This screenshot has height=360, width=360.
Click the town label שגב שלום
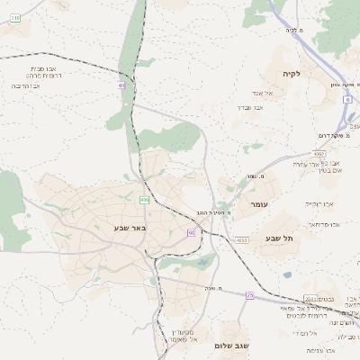[231, 346]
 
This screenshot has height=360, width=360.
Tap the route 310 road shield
[15, 17]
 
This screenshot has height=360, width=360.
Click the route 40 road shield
[121, 85]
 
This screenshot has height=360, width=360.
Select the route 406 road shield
[144, 199]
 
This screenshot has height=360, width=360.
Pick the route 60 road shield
[192, 232]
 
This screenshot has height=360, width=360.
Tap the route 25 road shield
[250, 295]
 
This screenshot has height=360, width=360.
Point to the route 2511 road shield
[310, 299]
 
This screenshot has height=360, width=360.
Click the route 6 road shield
[347, 100]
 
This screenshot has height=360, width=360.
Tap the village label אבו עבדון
[250, 107]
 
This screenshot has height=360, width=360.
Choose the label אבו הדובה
[30, 85]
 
